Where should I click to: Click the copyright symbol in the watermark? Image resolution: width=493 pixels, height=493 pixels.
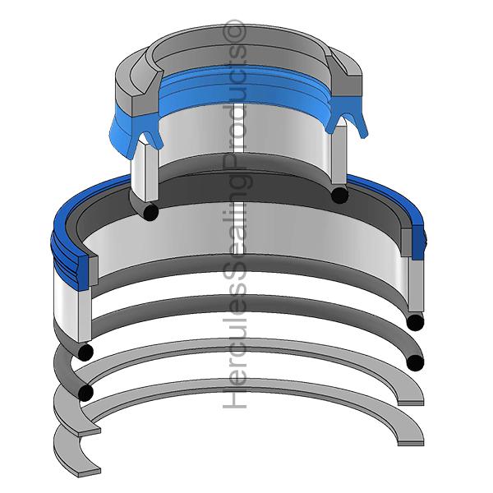pyautogui.click(x=234, y=30)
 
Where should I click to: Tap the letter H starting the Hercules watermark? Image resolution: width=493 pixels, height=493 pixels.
pyautogui.click(x=234, y=399)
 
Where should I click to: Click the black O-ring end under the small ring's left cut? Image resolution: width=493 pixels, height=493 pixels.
pyautogui.click(x=150, y=212)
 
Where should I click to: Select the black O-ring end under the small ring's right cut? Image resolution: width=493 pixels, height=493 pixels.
pyautogui.click(x=340, y=195)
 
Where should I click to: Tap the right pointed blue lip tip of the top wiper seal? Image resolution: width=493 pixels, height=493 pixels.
pyautogui.click(x=365, y=136)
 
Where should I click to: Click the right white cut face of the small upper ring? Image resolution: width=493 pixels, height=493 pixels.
pyautogui.click(x=339, y=154)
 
